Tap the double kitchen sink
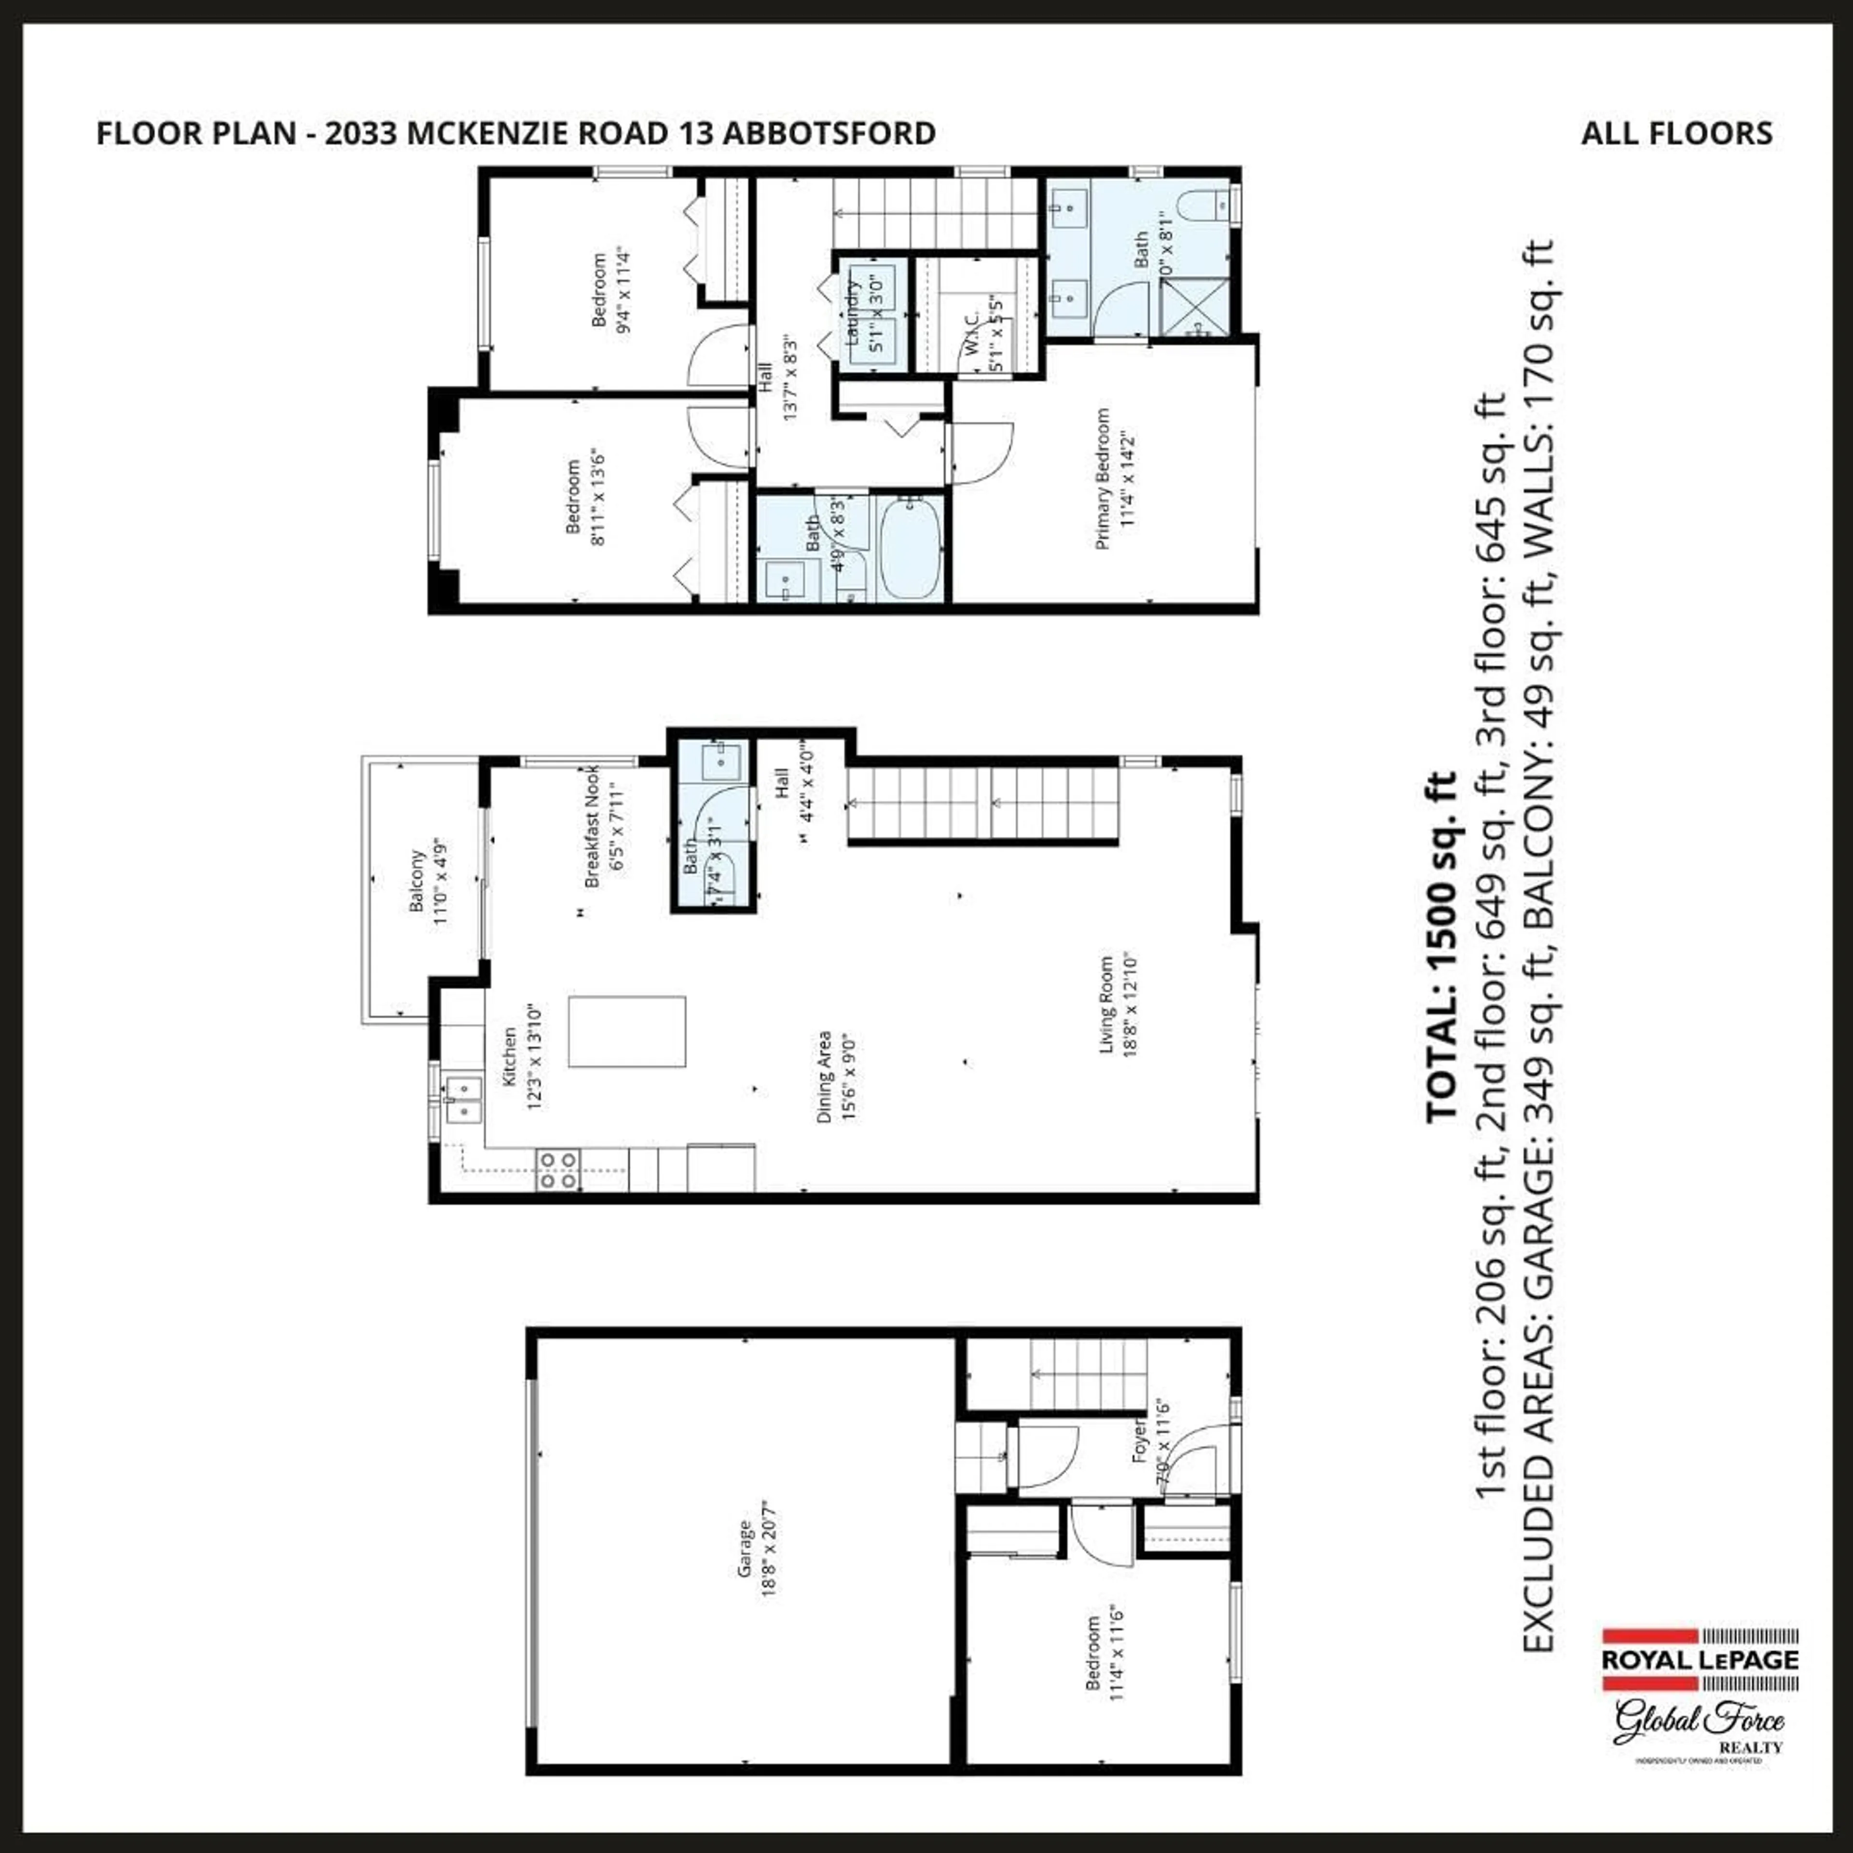click(462, 1099)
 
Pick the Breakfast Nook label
click(592, 827)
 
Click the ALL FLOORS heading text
click(1676, 133)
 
